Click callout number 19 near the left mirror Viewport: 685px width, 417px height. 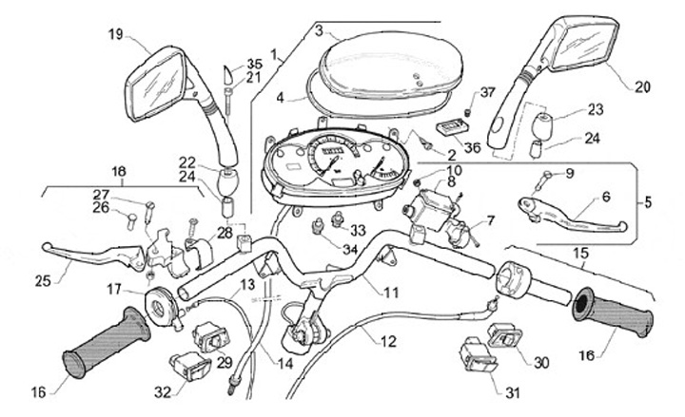click(116, 34)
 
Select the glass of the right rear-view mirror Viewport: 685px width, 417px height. click(583, 45)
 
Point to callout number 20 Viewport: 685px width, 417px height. click(642, 87)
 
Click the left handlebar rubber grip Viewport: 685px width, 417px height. click(107, 343)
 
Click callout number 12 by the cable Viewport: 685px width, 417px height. click(388, 341)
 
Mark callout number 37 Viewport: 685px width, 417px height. click(487, 92)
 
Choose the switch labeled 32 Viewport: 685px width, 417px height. click(190, 365)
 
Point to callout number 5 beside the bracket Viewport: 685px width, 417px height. click(648, 202)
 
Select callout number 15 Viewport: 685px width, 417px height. click(581, 253)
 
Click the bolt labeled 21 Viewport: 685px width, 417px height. click(228, 101)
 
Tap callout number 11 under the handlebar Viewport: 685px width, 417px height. click(391, 292)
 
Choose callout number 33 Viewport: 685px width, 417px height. click(358, 230)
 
